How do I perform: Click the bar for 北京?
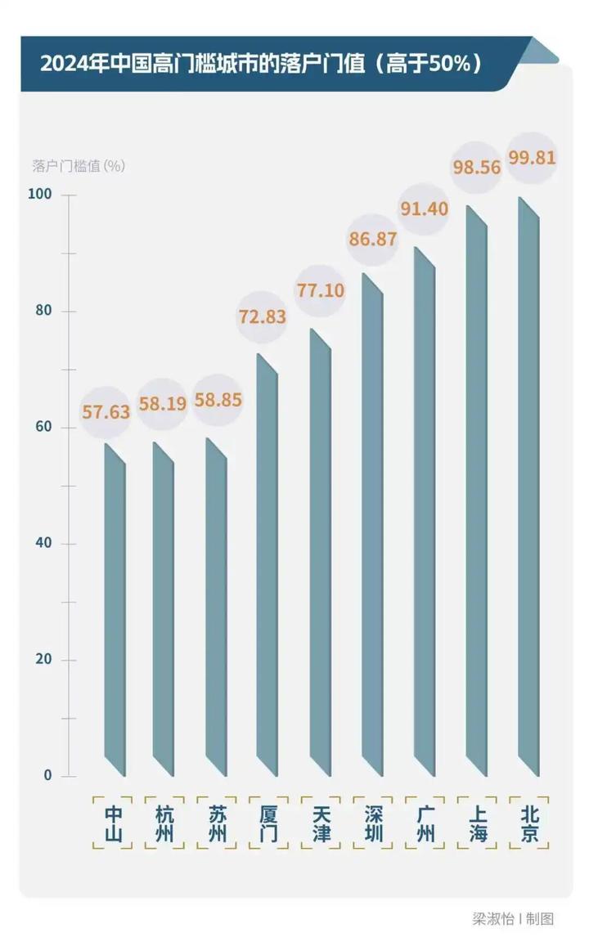click(528, 491)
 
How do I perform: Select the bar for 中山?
click(115, 613)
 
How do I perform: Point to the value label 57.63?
click(106, 411)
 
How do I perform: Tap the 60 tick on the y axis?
click(43, 427)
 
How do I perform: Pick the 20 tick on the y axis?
click(43, 659)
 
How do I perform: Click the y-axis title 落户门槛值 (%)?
click(79, 166)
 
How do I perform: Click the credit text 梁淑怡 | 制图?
click(512, 918)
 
